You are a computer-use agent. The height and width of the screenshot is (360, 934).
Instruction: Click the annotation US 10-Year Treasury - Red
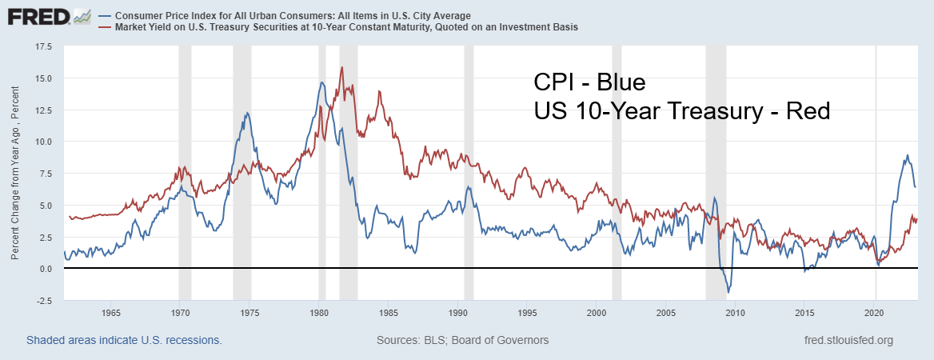682,112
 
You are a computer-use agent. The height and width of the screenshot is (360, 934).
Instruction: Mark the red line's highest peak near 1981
341,67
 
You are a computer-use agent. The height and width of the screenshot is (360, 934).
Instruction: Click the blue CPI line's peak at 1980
321,82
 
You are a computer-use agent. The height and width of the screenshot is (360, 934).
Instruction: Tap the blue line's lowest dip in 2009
728,293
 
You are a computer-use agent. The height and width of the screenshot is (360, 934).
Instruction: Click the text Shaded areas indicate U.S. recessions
124,340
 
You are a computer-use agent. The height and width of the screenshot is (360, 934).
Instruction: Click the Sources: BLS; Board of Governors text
462,340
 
